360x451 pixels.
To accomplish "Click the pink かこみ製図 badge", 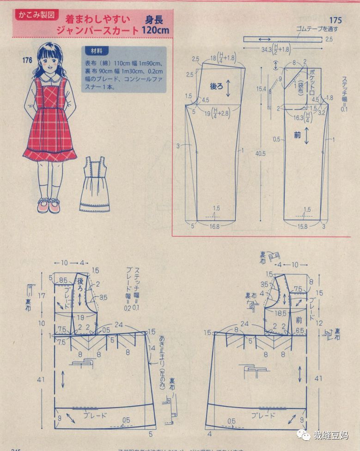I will tap(37, 15).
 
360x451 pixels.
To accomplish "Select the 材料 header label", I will tap(96, 50).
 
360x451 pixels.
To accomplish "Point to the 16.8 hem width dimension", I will tap(214, 226).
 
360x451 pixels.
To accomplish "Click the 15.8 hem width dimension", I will tap(302, 226).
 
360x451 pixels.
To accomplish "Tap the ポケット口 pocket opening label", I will tap(313, 80).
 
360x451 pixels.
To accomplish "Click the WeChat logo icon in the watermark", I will tap(304, 435).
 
